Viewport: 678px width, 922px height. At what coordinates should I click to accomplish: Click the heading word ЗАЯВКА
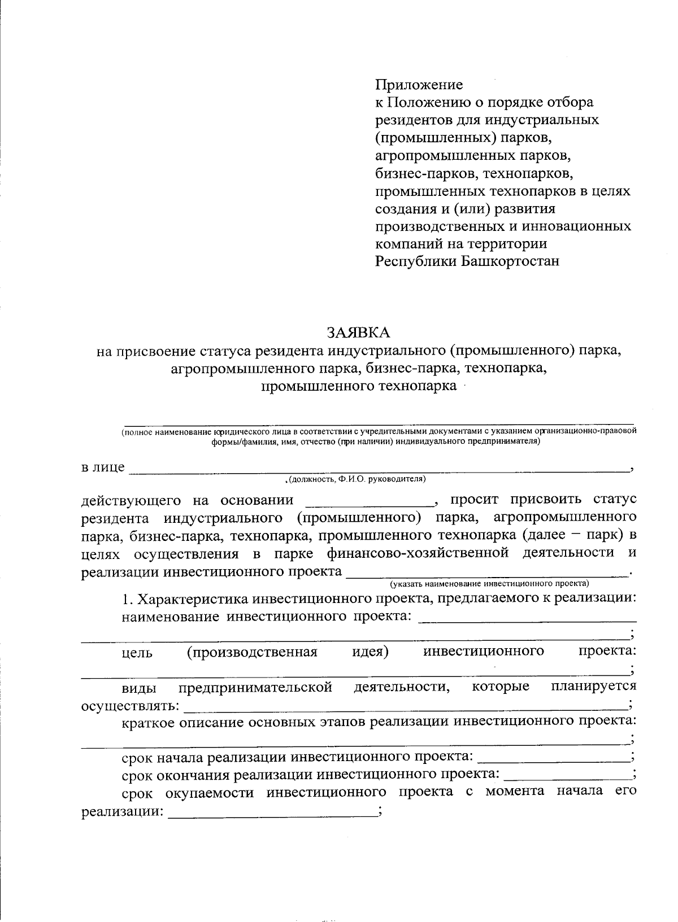(359, 331)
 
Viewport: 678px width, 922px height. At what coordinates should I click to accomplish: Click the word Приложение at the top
(419, 85)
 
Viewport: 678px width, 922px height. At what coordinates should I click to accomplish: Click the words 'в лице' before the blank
(103, 467)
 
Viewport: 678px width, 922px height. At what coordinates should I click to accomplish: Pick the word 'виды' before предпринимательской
(137, 687)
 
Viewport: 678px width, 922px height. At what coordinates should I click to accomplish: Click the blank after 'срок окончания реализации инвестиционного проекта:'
(567, 774)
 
